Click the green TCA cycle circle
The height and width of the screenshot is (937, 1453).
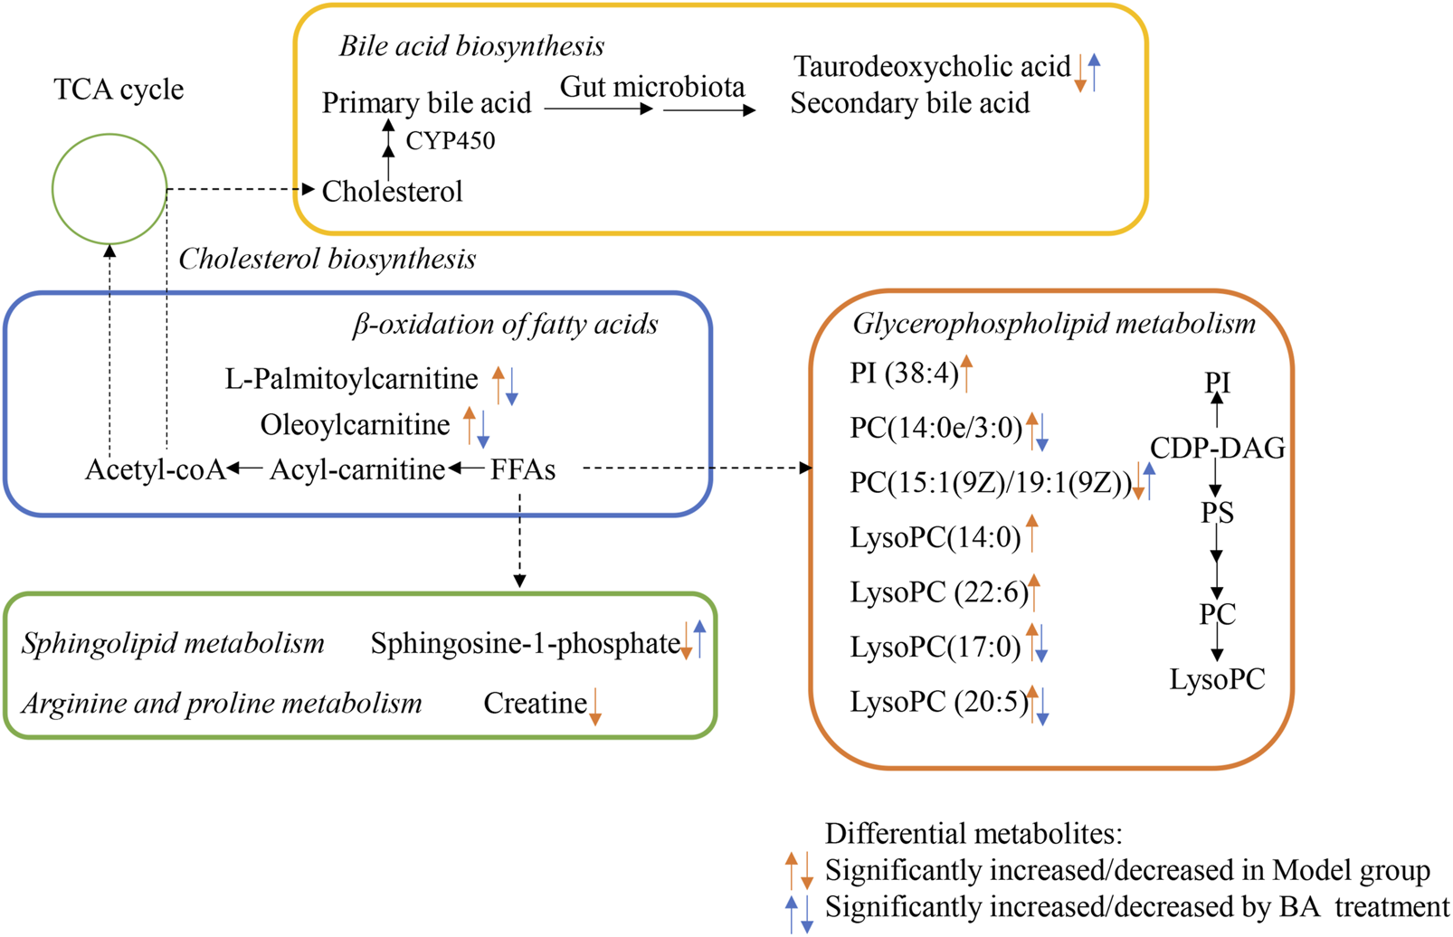[x=109, y=189]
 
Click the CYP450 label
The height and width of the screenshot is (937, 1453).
[x=450, y=142]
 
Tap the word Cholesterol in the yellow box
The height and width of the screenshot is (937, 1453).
[x=392, y=192]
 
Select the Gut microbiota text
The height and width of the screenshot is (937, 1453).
[x=652, y=87]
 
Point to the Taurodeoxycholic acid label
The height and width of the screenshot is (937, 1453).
[x=932, y=67]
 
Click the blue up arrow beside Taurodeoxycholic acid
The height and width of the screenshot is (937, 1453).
[x=1095, y=72]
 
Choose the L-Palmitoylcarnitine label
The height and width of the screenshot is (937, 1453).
[x=351, y=379]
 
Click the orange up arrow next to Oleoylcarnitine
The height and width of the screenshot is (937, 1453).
[x=469, y=425]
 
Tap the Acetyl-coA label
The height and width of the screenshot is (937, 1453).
[x=155, y=469]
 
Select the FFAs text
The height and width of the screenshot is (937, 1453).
[x=523, y=469]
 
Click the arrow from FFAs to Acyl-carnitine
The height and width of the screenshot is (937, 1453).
[x=467, y=468]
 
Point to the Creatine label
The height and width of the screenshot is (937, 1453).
[x=535, y=703]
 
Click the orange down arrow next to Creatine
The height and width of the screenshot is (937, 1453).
[x=594, y=706]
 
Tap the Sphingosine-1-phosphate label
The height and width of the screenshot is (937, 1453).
[x=525, y=643]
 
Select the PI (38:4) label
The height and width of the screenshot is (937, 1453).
[x=903, y=373]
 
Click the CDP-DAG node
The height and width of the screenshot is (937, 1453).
[x=1217, y=448]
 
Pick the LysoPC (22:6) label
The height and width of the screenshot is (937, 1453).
[x=939, y=592]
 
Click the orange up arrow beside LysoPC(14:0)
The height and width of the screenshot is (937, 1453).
[x=1032, y=533]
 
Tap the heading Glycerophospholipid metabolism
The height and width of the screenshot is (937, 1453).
[x=1054, y=324]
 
